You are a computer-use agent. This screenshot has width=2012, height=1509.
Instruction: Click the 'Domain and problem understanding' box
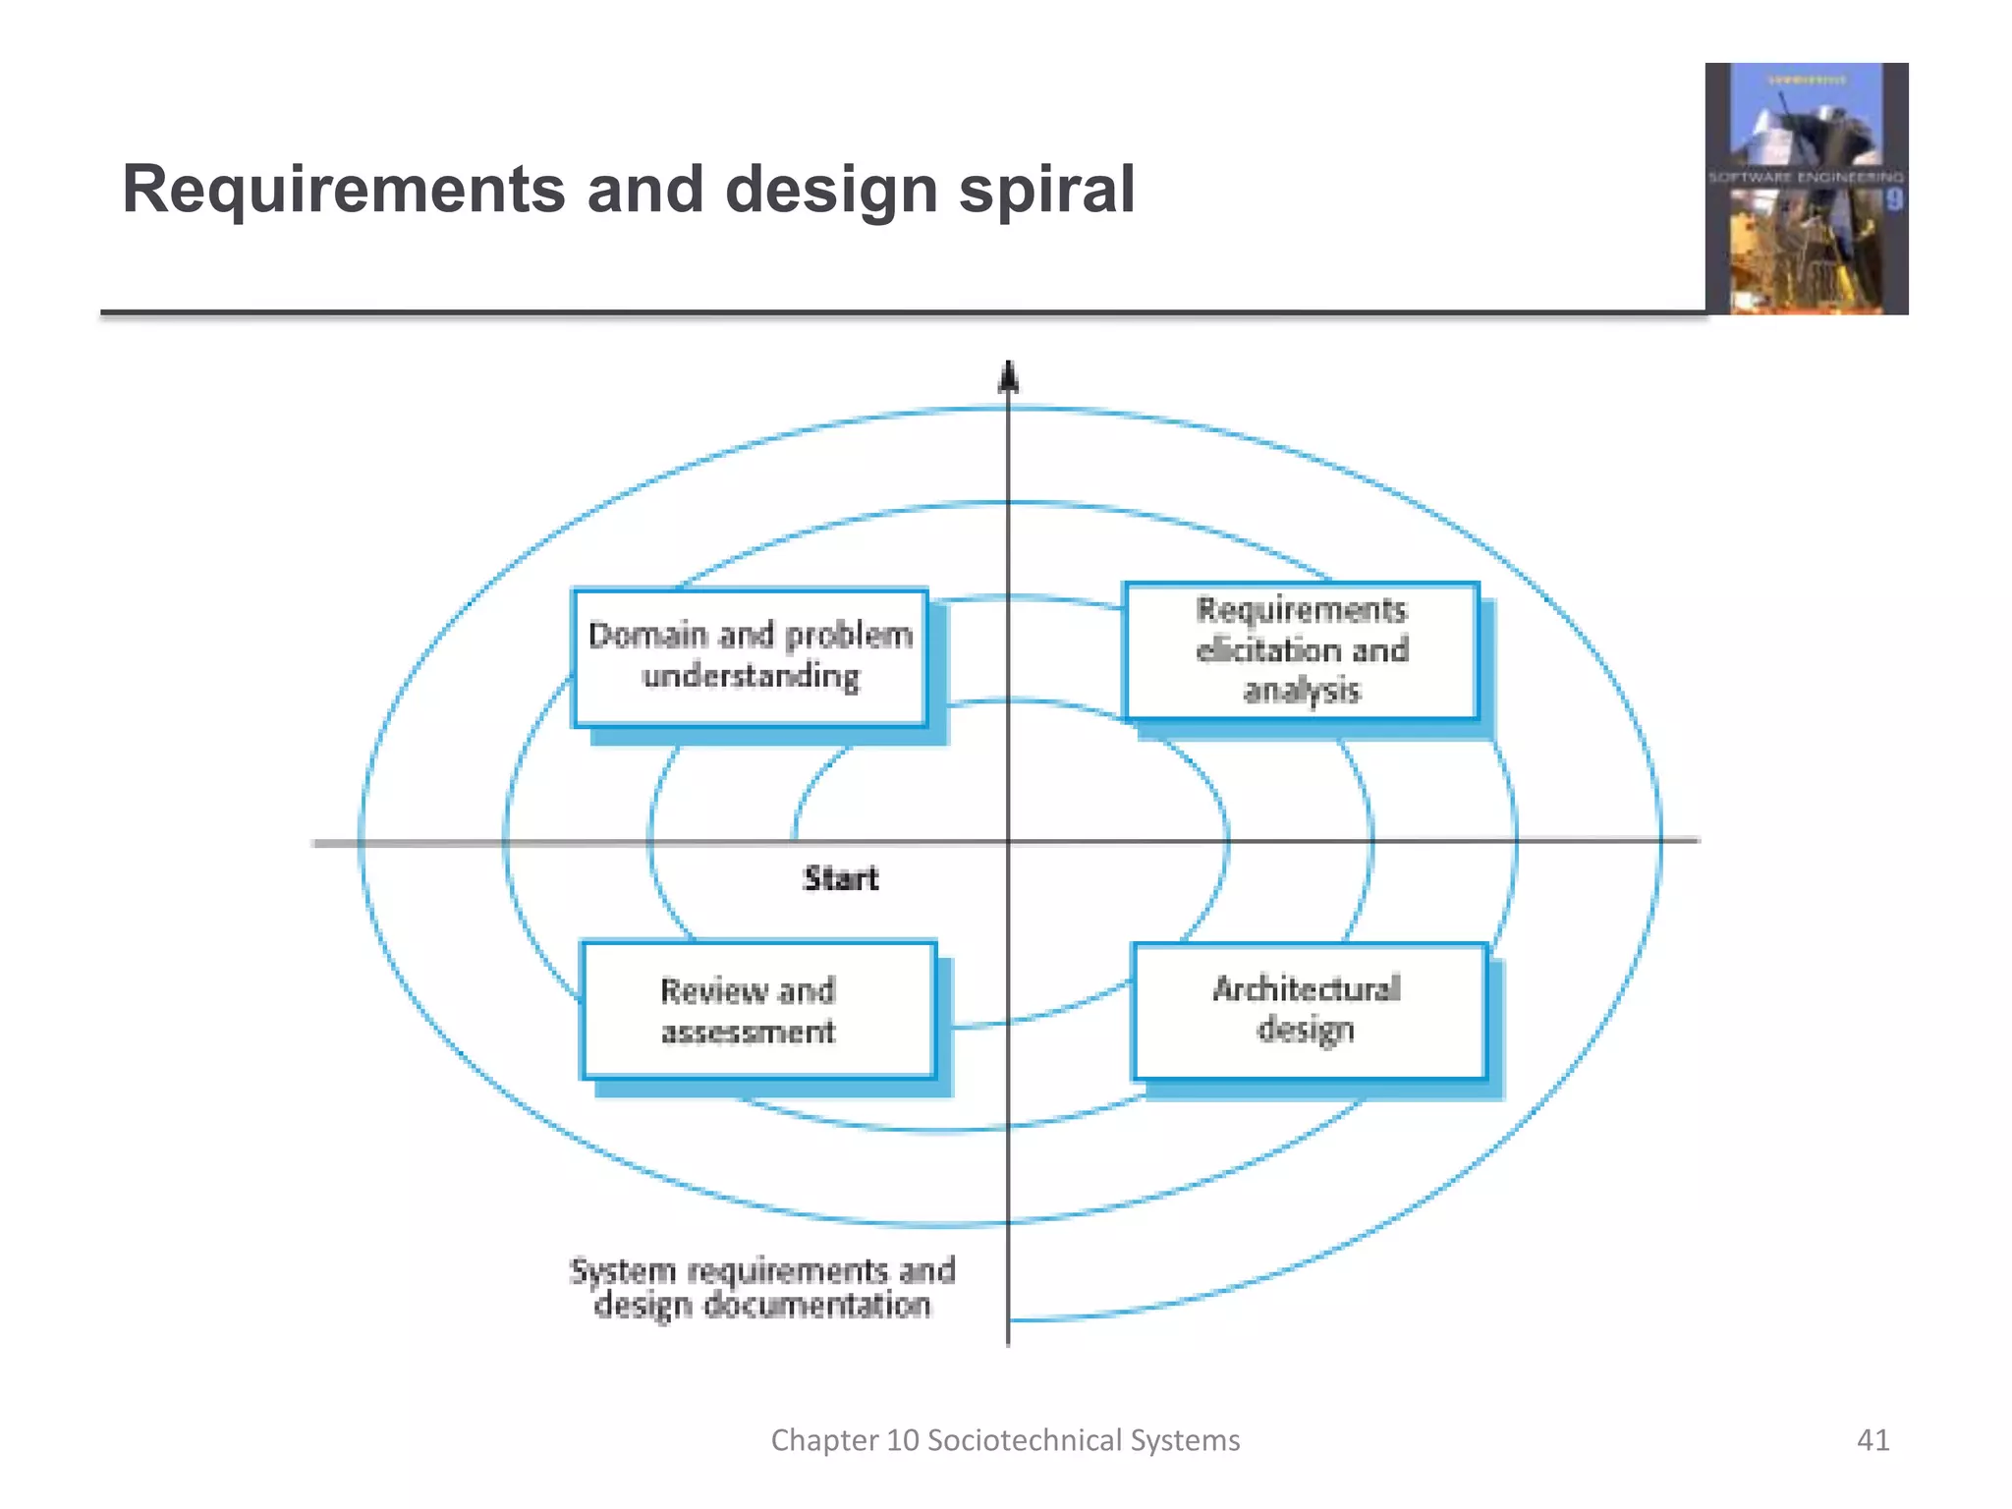pos(751,657)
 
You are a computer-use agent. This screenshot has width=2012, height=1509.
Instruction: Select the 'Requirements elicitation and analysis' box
pos(1302,650)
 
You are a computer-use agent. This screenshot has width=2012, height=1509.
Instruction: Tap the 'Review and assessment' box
pos(757,1010)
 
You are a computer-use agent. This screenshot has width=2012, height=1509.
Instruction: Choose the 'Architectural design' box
pos(1309,1010)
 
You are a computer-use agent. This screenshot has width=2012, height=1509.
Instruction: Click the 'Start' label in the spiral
pos(841,878)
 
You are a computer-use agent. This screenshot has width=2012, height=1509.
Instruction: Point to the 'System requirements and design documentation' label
pos(762,1288)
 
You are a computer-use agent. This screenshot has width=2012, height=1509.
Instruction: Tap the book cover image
pos(1806,189)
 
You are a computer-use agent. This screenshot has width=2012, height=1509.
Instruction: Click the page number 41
pos(1872,1440)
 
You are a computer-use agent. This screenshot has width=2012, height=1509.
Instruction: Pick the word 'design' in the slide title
pos(831,189)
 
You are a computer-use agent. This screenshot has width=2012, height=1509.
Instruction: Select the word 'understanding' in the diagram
pos(751,677)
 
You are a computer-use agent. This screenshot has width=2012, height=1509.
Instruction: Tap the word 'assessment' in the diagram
pos(749,1032)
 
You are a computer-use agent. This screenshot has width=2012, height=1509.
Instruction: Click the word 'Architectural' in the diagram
pos(1307,988)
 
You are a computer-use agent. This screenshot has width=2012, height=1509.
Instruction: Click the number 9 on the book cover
pos(1894,200)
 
